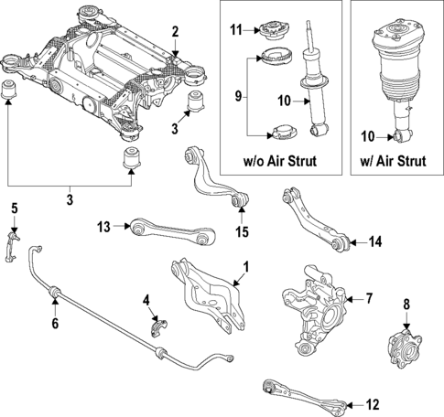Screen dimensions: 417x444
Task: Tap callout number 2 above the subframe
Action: pos(175,32)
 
